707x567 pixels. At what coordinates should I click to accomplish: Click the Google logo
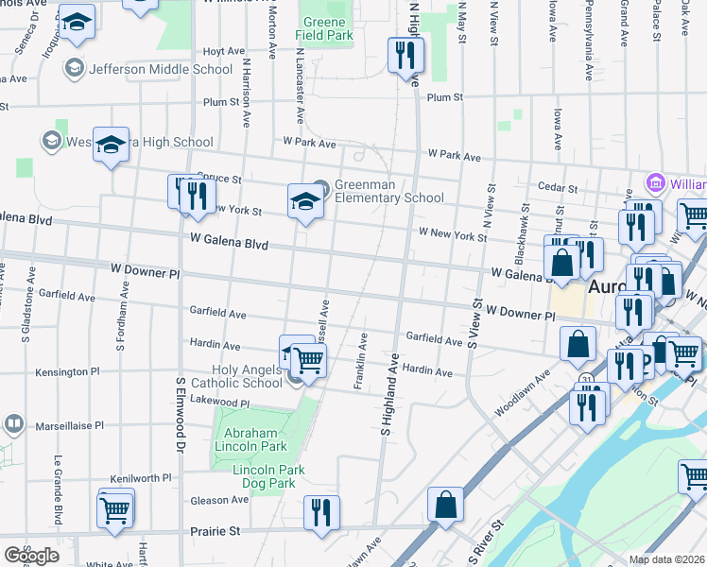31,556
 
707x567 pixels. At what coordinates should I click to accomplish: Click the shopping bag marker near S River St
444,504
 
